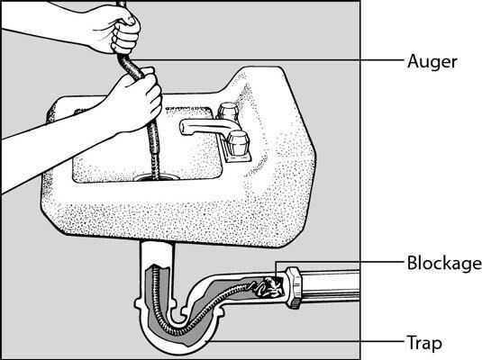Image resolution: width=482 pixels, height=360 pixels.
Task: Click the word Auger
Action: [x=432, y=62]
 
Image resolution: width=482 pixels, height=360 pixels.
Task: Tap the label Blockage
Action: [x=444, y=263]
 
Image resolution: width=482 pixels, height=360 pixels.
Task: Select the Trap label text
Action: [x=424, y=343]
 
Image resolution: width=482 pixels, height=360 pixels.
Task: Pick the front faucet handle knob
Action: [x=238, y=142]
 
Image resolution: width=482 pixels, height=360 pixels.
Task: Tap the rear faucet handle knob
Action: [x=228, y=111]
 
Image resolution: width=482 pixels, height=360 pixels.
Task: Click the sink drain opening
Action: [x=157, y=177]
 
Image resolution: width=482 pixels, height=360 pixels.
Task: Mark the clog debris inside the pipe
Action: [x=269, y=286]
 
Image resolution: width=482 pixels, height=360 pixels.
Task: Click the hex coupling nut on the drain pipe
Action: [x=294, y=287]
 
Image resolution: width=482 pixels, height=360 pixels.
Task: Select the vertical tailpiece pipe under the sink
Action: [x=158, y=254]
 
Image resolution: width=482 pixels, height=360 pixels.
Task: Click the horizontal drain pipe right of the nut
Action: [x=331, y=286]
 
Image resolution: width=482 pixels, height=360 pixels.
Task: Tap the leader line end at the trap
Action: [x=206, y=341]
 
